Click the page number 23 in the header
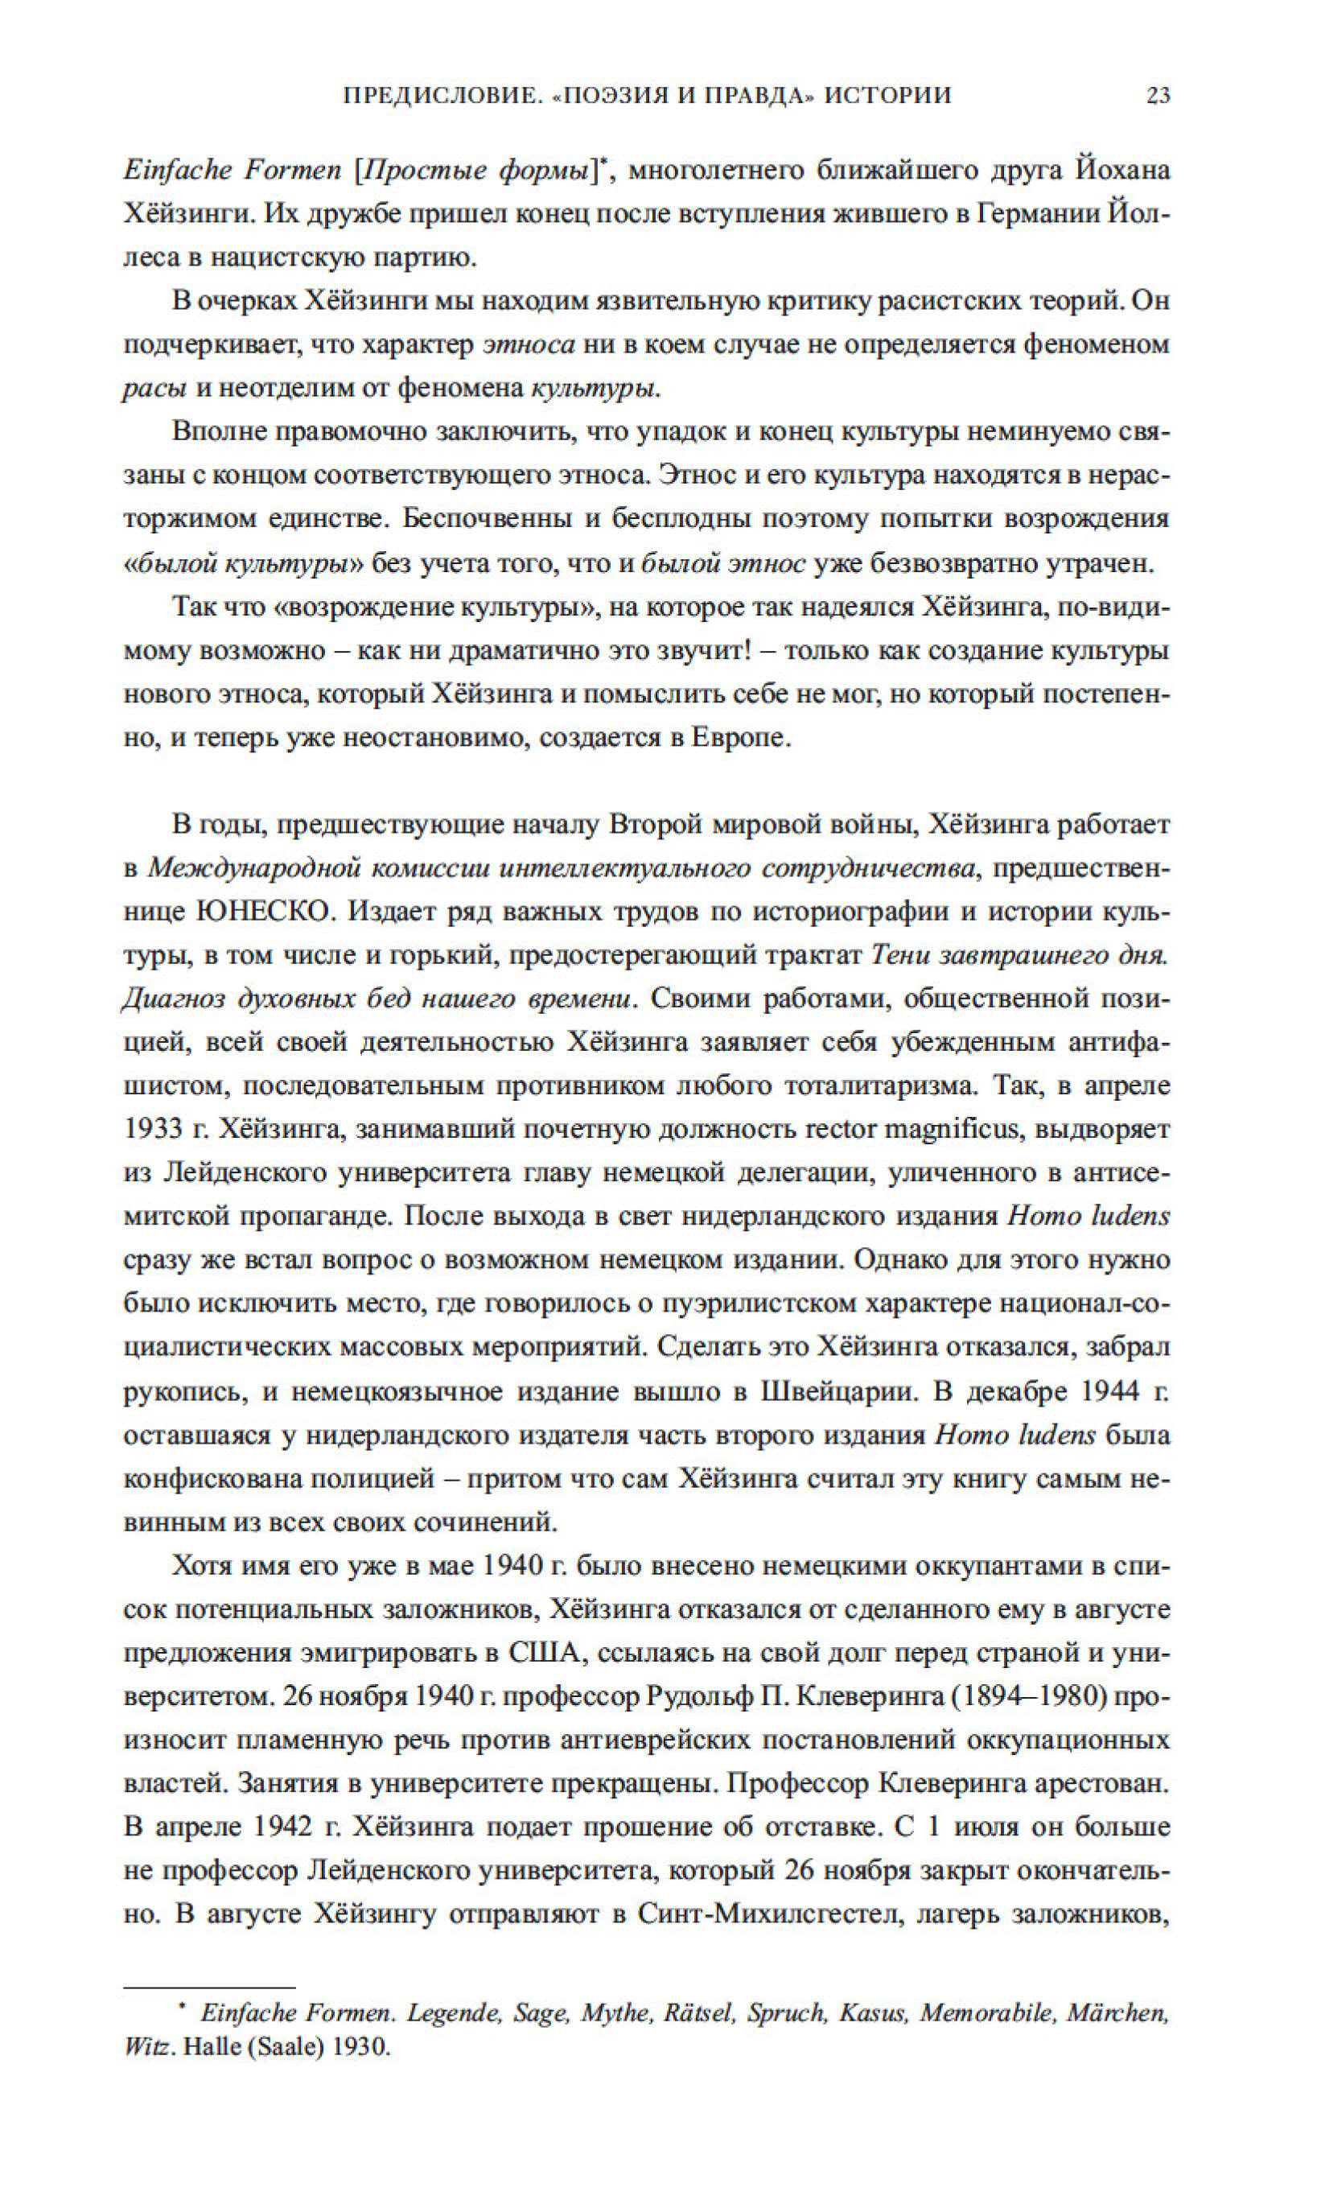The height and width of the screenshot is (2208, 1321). (1158, 96)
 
